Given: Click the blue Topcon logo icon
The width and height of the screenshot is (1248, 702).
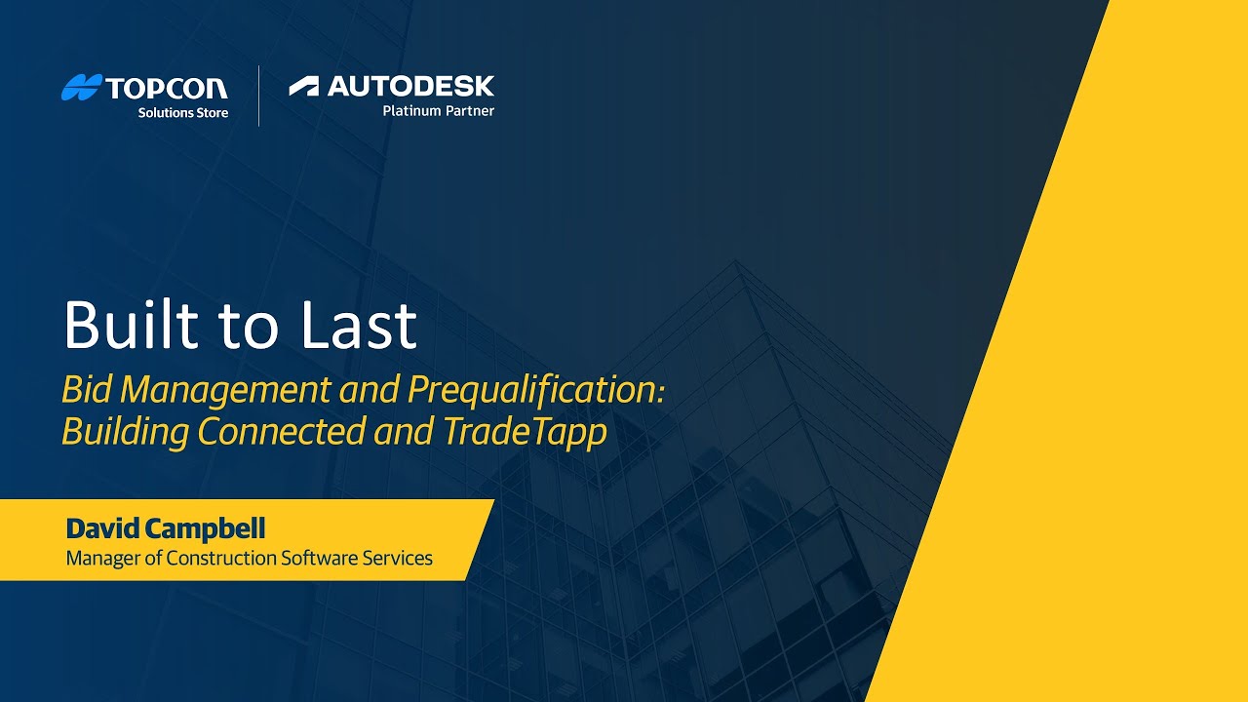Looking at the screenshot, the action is pos(82,87).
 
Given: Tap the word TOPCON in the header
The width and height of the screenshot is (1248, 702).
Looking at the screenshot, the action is pos(167,88).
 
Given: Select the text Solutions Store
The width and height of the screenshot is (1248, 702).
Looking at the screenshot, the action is pos(183,112).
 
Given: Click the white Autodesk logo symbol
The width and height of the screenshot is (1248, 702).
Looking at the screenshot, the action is pos(303,87).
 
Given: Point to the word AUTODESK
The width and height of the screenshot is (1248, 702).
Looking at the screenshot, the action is pos(410,87).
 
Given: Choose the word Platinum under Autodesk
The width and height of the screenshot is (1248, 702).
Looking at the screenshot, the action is pos(411,111).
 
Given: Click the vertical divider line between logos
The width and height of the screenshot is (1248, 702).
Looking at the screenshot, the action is pos(258,96).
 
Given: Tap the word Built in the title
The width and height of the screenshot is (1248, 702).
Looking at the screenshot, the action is pos(132,325).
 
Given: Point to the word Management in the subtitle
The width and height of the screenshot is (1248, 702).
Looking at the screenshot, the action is pos(225,390).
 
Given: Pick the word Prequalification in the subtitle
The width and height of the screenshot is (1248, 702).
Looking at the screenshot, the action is pos(536,390).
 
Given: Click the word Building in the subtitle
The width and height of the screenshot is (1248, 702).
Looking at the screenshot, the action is pos(125,433).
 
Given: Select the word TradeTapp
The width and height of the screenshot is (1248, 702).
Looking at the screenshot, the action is pos(525,433).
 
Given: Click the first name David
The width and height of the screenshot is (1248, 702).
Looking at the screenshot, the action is pos(103,528).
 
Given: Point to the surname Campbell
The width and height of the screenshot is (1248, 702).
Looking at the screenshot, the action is pos(205,528).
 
